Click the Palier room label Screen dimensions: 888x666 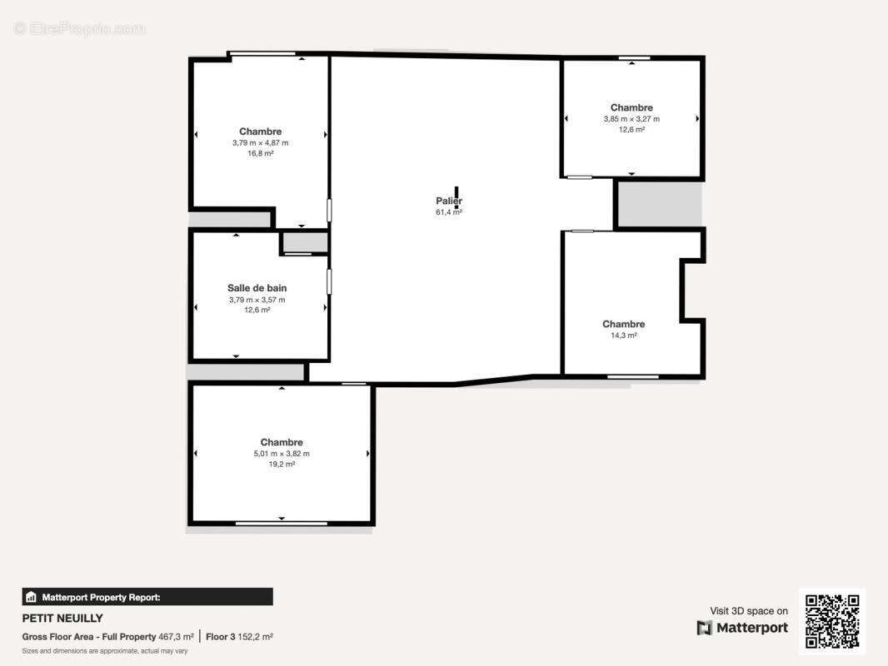[x=448, y=201]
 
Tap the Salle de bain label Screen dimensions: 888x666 [x=257, y=288]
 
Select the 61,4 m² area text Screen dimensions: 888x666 [x=448, y=212]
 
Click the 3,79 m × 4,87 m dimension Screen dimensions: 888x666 [x=261, y=142]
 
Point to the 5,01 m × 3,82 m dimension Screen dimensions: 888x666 [x=282, y=453]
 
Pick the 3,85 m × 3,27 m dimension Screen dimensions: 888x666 [x=631, y=119]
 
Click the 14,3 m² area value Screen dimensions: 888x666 [x=624, y=335]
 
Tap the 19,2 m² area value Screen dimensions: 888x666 [x=282, y=464]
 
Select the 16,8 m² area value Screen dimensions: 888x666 [x=261, y=153]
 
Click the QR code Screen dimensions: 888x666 [x=832, y=621]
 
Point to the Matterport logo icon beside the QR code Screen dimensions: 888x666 [x=705, y=628]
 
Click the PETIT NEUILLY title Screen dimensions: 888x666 [x=62, y=618]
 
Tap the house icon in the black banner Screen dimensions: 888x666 [x=31, y=597]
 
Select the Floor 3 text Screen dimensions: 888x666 [x=220, y=637]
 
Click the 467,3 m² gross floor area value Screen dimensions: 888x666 [x=176, y=637]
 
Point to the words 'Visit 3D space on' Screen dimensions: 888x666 [x=749, y=611]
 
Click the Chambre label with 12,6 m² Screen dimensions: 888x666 [x=631, y=107]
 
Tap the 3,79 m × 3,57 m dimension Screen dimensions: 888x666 [x=257, y=300]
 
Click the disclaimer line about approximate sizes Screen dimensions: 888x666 [x=105, y=651]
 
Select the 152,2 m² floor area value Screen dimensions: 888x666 [x=255, y=637]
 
